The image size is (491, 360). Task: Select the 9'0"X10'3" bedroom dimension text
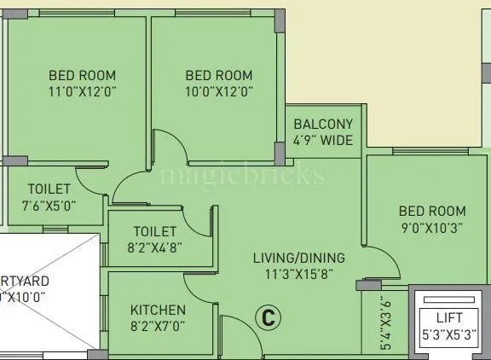pyautogui.click(x=432, y=228)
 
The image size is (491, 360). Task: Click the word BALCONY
pyautogui.click(x=323, y=125)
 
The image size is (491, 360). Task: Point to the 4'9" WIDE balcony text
pyautogui.click(x=323, y=141)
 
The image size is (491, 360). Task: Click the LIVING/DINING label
pyautogui.click(x=298, y=258)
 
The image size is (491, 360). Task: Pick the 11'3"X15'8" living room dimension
pyautogui.click(x=298, y=274)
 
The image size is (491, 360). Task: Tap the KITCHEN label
pyautogui.click(x=158, y=309)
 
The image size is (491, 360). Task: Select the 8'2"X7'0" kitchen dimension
pyautogui.click(x=158, y=325)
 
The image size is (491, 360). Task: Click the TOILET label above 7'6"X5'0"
pyautogui.click(x=49, y=189)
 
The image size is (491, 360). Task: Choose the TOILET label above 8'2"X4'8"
pyautogui.click(x=155, y=231)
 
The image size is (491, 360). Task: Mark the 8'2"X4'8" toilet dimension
pyautogui.click(x=155, y=247)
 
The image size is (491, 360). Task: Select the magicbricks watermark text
pyautogui.click(x=243, y=175)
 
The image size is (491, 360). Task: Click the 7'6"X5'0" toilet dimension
pyautogui.click(x=49, y=205)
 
